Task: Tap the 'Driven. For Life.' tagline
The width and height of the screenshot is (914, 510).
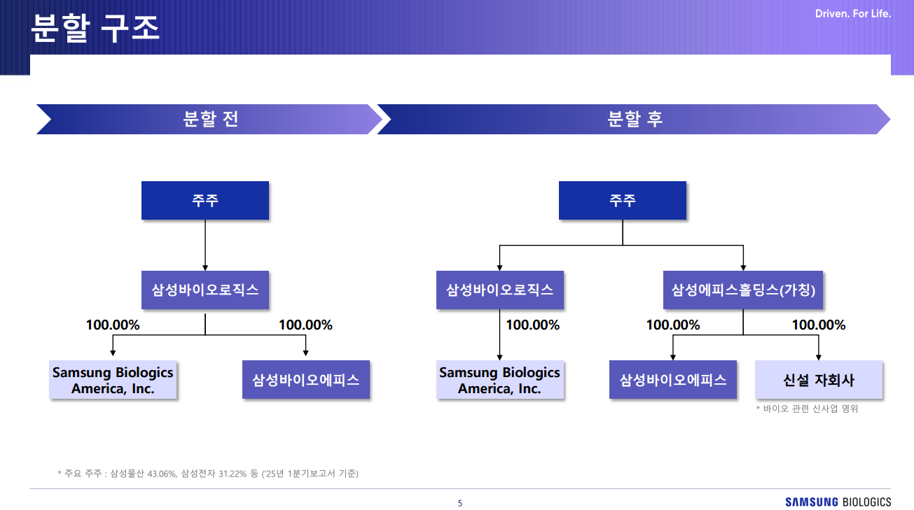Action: (x=853, y=14)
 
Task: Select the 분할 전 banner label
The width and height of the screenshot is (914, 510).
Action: (x=210, y=119)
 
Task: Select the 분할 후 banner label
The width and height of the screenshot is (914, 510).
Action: (x=635, y=119)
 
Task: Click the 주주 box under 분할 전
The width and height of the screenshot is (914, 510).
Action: (x=205, y=201)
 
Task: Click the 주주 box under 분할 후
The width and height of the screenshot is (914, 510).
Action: (x=623, y=201)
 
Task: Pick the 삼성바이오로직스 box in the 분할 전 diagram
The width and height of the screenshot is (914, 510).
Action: (x=205, y=290)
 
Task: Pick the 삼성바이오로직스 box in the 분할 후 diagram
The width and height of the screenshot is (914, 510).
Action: (x=500, y=290)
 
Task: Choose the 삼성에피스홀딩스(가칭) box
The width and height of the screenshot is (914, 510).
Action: (x=743, y=290)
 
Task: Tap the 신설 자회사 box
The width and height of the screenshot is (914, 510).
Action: (x=819, y=380)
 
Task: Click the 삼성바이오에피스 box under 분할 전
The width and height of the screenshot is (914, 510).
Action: (x=306, y=380)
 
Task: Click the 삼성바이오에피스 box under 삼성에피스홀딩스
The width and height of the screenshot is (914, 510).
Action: (x=673, y=380)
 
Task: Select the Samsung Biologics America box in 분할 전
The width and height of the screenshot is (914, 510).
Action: (x=113, y=380)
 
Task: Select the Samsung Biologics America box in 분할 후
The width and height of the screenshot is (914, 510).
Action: (x=500, y=380)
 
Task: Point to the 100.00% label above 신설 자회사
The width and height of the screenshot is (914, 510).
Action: (x=818, y=325)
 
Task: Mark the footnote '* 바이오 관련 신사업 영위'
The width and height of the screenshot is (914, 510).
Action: (x=807, y=409)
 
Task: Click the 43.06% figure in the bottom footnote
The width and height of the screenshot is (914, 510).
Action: (x=161, y=474)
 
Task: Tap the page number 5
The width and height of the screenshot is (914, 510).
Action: (x=459, y=503)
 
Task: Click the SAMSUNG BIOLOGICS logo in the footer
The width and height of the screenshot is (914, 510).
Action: (x=838, y=502)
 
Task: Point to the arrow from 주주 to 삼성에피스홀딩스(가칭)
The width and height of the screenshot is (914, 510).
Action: (x=743, y=257)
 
